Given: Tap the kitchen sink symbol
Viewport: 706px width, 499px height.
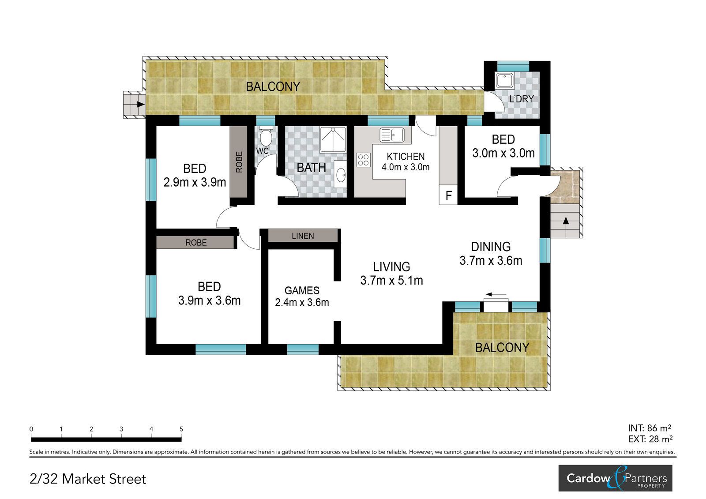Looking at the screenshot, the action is coord(392,135).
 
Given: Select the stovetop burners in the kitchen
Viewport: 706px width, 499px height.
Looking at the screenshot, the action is coord(363,160).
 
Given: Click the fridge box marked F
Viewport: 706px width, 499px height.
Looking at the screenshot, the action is coord(448,195).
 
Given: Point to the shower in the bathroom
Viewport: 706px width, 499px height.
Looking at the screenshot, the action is coord(333,139).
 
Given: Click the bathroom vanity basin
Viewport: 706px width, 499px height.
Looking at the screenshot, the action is coord(340,174).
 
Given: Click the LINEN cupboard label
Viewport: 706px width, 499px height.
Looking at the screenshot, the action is coord(303,236).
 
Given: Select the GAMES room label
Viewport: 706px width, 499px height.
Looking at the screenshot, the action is coord(302,290).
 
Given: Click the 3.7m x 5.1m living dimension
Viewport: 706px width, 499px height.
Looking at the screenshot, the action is coord(391,280).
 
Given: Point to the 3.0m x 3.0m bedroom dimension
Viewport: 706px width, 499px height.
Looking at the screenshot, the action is coord(503,153).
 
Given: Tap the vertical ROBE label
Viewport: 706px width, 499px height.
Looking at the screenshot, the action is coord(239,162).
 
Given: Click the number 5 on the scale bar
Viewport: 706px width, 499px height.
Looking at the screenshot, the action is coord(181,429).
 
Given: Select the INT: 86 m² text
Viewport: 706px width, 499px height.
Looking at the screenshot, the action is coord(650,428).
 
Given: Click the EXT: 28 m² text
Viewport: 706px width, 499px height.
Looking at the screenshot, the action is coord(650,439).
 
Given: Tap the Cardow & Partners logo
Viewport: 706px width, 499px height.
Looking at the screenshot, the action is coord(615,478).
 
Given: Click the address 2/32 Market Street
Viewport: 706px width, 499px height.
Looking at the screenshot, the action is coord(88,479).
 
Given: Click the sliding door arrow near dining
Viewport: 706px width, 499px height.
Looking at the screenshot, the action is coord(496,295).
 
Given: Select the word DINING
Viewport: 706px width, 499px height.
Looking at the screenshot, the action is coord(491,247).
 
